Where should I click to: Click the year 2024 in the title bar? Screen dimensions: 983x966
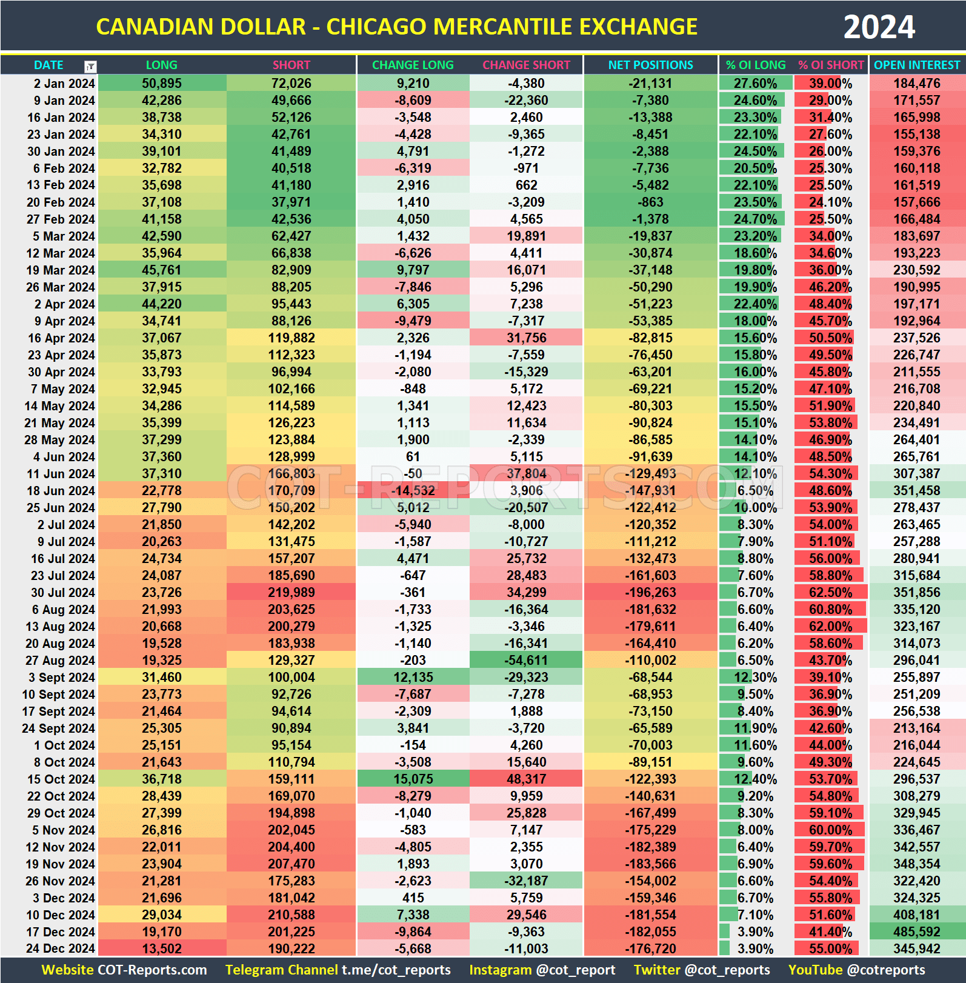(879, 27)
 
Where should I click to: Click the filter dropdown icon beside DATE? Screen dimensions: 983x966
(90, 66)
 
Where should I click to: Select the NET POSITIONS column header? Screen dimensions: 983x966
(650, 65)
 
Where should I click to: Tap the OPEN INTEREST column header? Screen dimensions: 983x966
(916, 65)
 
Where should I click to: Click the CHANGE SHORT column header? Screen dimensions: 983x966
(526, 65)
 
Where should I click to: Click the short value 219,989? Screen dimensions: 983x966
(291, 592)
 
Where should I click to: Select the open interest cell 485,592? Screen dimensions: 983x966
(916, 931)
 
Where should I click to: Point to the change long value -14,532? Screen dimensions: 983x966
(413, 490)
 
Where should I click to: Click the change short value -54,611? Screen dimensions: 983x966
(526, 660)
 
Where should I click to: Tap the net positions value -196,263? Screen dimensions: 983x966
(650, 592)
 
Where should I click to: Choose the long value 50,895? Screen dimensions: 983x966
(162, 83)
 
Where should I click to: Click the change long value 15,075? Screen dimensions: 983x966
(413, 779)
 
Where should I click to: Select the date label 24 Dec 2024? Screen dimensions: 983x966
(60, 948)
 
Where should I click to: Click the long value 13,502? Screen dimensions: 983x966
(162, 948)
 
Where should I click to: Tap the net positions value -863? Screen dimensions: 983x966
(650, 202)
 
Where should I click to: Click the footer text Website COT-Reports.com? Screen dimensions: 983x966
(124, 970)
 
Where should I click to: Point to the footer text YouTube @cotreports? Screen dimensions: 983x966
(856, 970)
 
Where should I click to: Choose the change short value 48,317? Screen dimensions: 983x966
(526, 779)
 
